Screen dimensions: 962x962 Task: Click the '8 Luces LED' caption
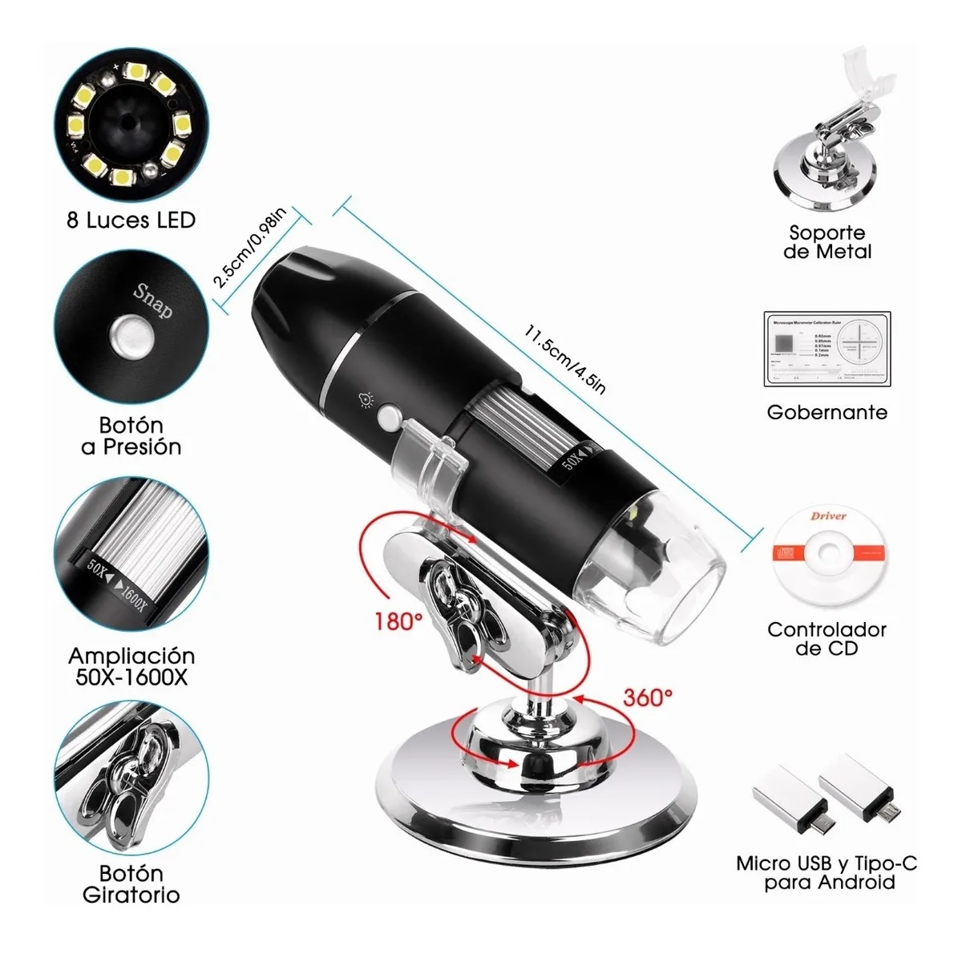pyautogui.click(x=131, y=220)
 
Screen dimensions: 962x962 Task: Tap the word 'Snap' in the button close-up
pyautogui.click(x=152, y=300)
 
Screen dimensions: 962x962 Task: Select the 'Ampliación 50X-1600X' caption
pyautogui.click(x=131, y=666)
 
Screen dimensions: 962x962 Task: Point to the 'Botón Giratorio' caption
pyautogui.click(x=131, y=883)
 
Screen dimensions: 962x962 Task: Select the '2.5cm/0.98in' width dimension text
pyautogui.click(x=249, y=249)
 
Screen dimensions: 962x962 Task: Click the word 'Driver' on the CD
pyautogui.click(x=827, y=515)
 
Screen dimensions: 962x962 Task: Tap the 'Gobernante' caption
pyautogui.click(x=827, y=412)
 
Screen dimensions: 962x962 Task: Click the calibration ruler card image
pyautogui.click(x=827, y=347)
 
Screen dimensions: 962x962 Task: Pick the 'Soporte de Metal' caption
pyautogui.click(x=827, y=242)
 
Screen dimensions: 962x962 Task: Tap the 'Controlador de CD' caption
pyautogui.click(x=827, y=639)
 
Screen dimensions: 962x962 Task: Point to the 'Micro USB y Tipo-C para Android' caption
pyautogui.click(x=827, y=873)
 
